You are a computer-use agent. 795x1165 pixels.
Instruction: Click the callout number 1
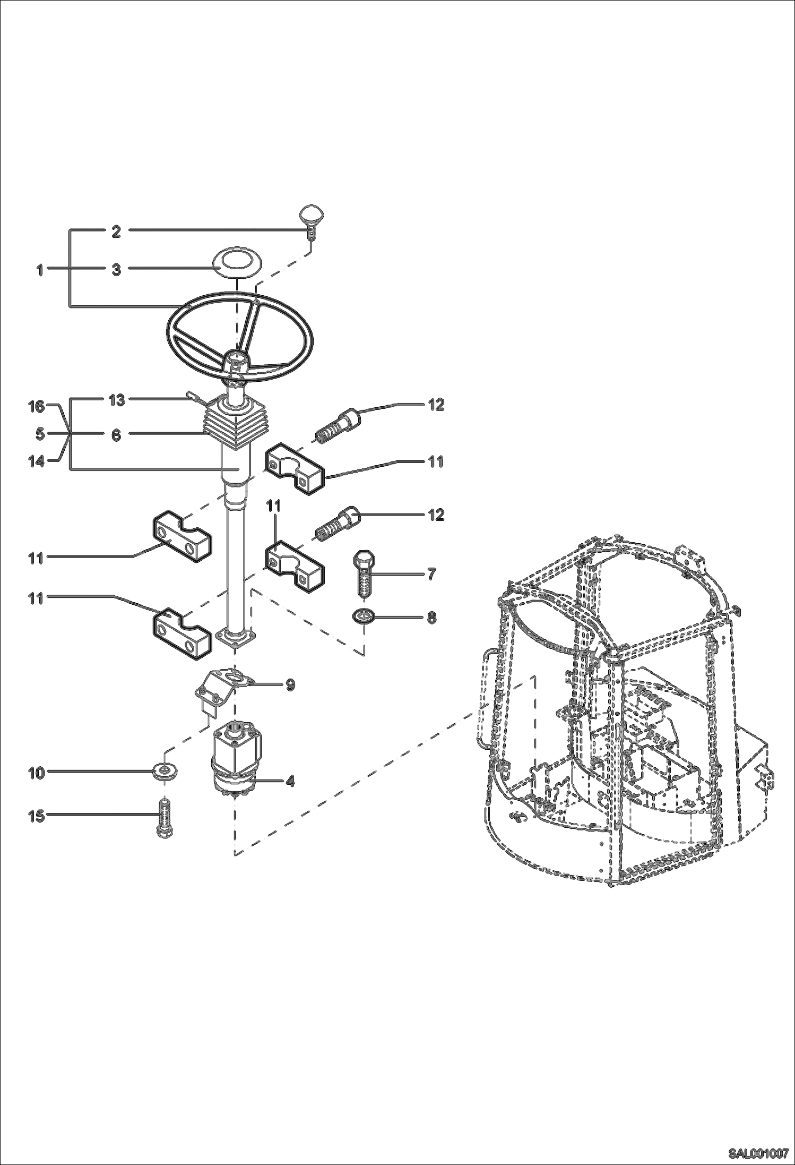tap(39, 270)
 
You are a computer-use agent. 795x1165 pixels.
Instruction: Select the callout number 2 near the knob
tap(116, 232)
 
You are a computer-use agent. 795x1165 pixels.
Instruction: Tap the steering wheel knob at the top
tap(310, 216)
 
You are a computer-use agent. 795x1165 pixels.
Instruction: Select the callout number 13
tap(117, 400)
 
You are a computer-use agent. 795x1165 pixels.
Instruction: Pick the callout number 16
tap(36, 407)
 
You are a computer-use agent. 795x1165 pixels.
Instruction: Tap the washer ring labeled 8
tap(364, 616)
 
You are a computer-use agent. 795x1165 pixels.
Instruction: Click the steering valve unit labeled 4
tap(235, 760)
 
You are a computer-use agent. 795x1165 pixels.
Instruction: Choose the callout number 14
tap(36, 461)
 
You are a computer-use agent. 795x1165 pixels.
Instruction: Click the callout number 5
tap(40, 434)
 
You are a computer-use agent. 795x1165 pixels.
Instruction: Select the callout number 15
tap(36, 816)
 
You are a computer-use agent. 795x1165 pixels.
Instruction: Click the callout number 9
tap(290, 685)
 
